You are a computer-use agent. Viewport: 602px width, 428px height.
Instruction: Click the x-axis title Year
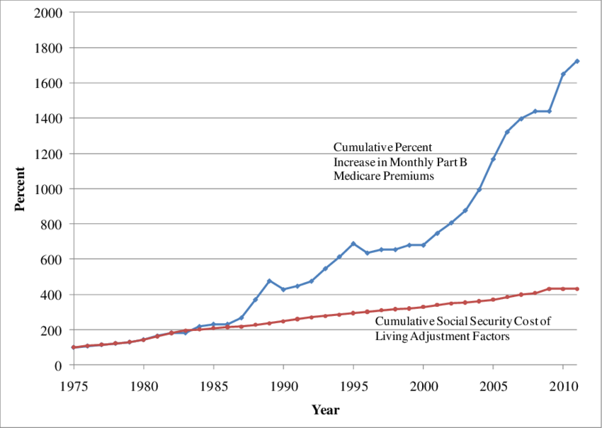coord(325,410)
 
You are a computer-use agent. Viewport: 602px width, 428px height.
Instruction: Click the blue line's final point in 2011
coord(577,61)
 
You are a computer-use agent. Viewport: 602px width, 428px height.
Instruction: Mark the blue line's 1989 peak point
coord(269,281)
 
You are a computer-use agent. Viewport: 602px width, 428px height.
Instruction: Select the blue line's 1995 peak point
coord(353,244)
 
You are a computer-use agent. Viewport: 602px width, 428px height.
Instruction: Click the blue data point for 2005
coord(493,159)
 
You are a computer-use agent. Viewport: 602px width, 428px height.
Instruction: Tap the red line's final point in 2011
coord(577,288)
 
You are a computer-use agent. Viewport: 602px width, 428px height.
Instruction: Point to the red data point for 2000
coord(423,307)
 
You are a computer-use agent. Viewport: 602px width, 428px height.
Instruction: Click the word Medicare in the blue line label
coord(357,176)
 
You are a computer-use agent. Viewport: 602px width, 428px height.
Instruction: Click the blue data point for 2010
coord(563,74)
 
